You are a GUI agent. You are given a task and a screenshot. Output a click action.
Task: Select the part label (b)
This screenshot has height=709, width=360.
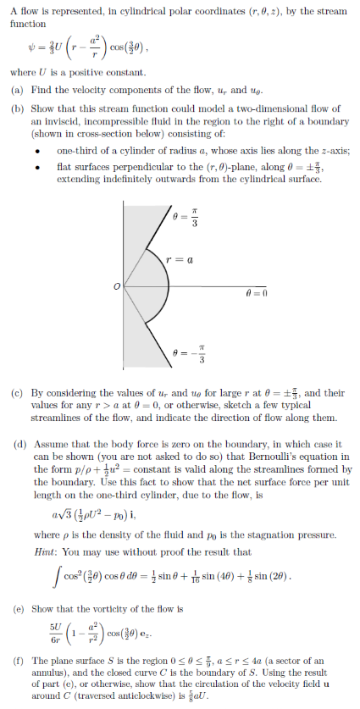click(16, 108)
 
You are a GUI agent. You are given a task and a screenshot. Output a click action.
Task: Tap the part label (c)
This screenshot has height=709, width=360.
click(16, 393)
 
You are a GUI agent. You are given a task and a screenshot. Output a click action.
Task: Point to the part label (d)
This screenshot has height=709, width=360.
click(16, 441)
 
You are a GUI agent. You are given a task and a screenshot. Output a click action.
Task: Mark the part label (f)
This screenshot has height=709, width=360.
click(16, 660)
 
